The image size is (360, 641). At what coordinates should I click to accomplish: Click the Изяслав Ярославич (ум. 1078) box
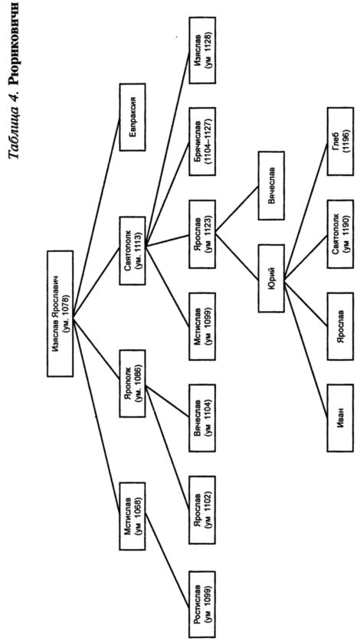pos(61,313)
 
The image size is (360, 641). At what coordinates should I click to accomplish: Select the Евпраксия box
pos(133,117)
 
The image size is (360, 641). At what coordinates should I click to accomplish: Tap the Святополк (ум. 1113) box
pos(133,250)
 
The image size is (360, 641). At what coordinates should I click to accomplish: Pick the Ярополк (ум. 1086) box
pos(133,383)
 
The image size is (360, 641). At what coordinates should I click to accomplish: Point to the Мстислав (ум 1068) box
pos(133,516)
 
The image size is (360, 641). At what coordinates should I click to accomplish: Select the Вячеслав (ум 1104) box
pos(201,417)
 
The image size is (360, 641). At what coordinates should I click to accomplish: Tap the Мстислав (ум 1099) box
pos(201,325)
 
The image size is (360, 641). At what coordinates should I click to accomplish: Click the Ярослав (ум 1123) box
pos(201,234)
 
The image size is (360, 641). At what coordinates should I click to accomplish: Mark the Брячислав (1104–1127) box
pos(201,142)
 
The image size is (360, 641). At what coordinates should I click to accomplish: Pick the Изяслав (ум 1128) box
pos(201,51)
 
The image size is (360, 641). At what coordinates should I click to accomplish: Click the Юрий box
pos(271,279)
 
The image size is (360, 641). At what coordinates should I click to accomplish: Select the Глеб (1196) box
pos(340,142)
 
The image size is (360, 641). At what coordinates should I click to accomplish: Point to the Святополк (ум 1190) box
pos(340,234)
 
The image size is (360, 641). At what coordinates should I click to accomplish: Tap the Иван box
pos(340,417)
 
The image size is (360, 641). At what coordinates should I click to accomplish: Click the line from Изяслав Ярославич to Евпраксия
pos(97,217)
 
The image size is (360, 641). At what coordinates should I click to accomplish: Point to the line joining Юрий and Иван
pos(306,349)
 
